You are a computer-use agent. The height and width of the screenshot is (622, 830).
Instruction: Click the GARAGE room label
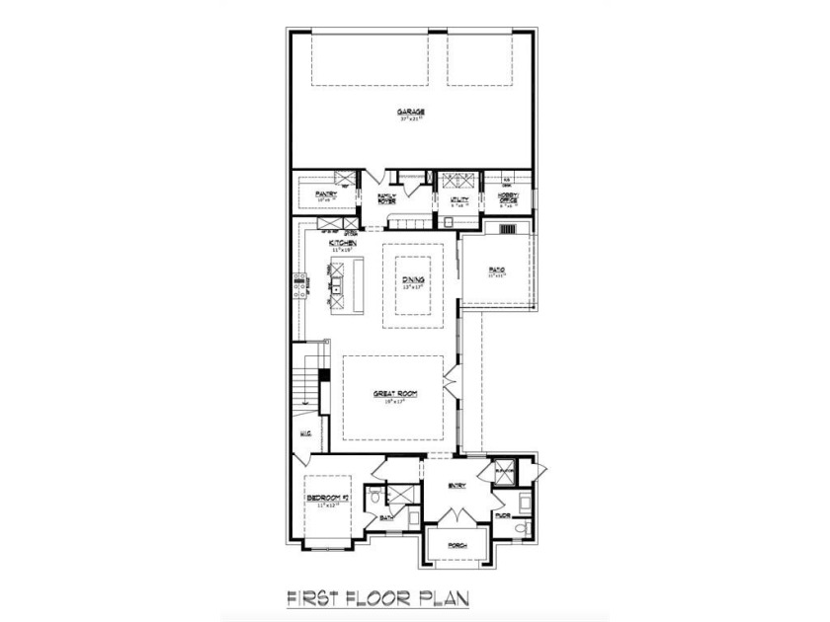coord(413,113)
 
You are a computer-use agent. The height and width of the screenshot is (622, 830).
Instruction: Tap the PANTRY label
coord(326,194)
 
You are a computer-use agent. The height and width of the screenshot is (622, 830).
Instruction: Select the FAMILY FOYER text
coord(387,198)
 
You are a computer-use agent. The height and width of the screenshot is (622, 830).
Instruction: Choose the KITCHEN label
coord(343,242)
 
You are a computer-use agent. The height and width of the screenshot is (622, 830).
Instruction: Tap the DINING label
coord(413,280)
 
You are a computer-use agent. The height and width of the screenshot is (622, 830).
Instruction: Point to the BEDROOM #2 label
coord(323,497)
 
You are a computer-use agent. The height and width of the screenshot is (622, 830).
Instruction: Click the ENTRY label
coord(456,485)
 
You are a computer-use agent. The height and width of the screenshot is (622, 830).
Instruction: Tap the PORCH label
coord(456,545)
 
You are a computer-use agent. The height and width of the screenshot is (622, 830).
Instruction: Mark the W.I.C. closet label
coord(305,432)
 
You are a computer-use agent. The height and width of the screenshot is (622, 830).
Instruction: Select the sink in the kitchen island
coord(337,287)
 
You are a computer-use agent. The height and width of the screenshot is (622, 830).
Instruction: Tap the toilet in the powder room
coord(522,529)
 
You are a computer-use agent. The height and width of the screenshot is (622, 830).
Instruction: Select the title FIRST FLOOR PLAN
coord(376,598)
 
